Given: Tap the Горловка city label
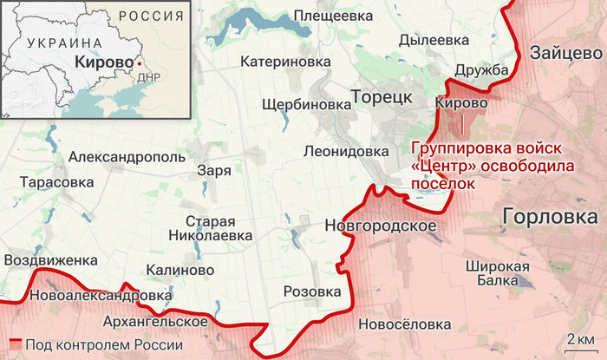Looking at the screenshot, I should pyautogui.click(x=552, y=217).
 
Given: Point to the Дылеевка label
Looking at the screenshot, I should pyautogui.click(x=434, y=40).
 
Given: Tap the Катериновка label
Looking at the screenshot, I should pyautogui.click(x=286, y=62).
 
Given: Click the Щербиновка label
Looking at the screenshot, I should pyautogui.click(x=299, y=104).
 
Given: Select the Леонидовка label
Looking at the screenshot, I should pyautogui.click(x=346, y=150).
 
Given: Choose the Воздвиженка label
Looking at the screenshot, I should pyautogui.click(x=50, y=259).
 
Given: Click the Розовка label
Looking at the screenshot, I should pyautogui.click(x=312, y=292).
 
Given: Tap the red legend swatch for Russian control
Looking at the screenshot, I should pyautogui.click(x=15, y=345).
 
